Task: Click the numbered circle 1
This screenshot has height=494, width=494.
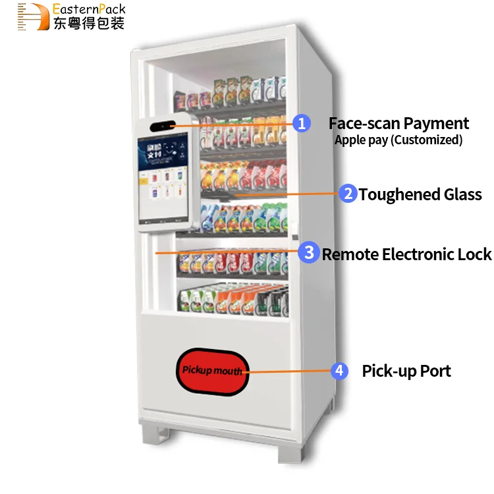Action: [x=301, y=123]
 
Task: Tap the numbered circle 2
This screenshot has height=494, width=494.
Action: [x=348, y=194]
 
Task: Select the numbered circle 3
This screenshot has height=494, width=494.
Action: [x=308, y=252]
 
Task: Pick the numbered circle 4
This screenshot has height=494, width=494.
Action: [x=339, y=371]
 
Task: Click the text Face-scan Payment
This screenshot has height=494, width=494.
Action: [x=398, y=123]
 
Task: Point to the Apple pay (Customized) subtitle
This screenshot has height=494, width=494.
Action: [x=398, y=140]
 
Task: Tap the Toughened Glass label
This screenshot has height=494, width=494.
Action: [x=420, y=194]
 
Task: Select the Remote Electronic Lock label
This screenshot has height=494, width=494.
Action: [x=406, y=254]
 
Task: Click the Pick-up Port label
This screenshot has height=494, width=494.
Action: [x=406, y=371]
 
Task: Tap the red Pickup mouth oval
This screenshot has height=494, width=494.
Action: [x=212, y=370]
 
